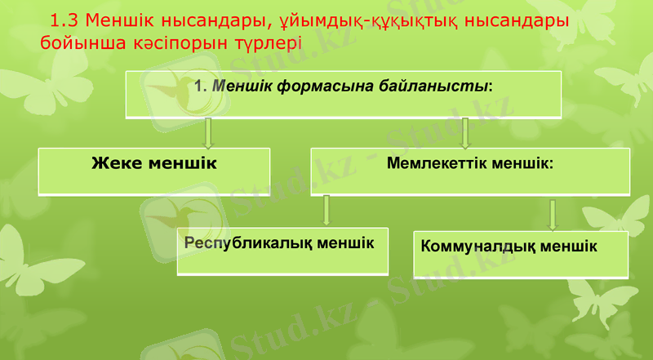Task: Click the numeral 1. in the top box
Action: [x=202, y=85]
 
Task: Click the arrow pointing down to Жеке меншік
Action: [x=209, y=132]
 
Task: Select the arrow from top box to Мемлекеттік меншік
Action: [x=465, y=132]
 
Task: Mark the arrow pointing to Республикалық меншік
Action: [x=326, y=210]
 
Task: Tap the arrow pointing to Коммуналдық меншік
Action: [x=553, y=214]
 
